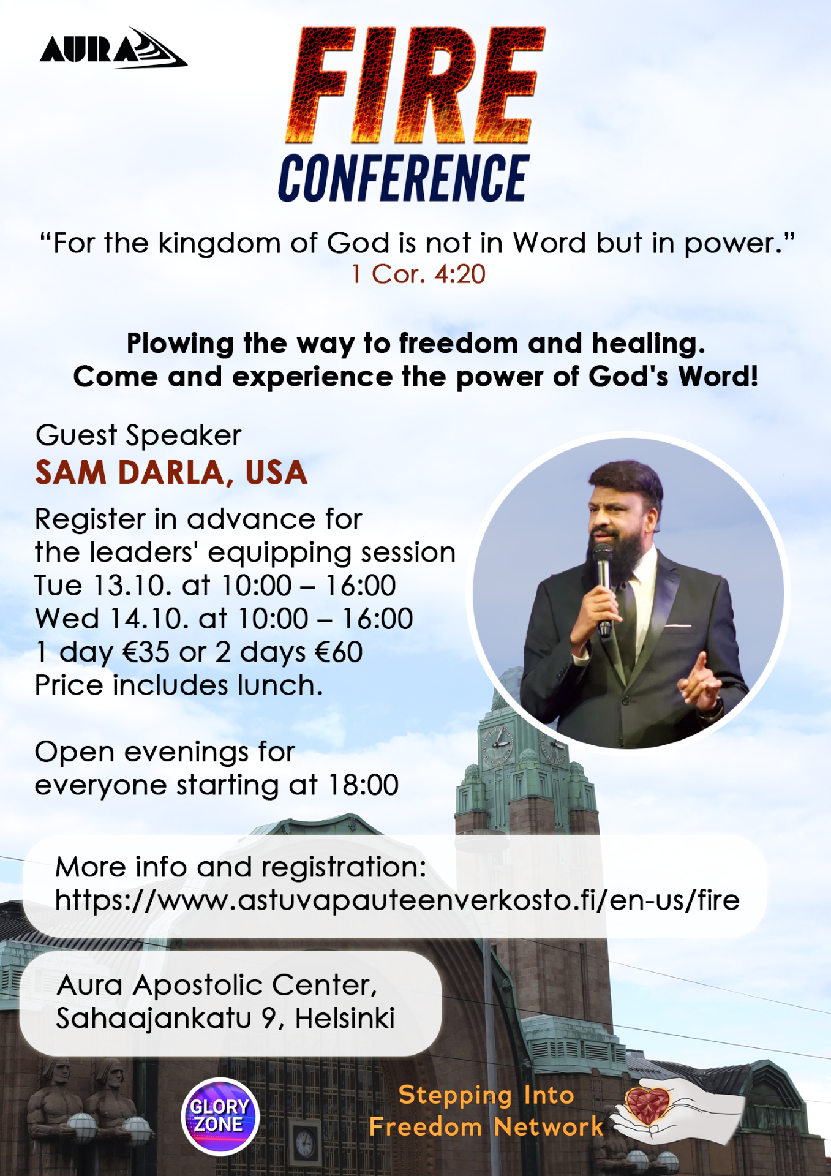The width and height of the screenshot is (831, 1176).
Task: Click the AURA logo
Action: click(x=114, y=48)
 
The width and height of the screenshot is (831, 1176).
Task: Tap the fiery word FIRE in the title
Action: click(x=415, y=85)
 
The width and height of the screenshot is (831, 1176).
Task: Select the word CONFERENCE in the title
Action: click(x=404, y=178)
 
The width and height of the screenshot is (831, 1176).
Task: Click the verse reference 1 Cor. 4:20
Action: click(x=418, y=274)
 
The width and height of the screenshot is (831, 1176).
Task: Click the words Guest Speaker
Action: click(x=138, y=435)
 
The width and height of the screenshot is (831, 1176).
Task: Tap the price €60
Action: click(x=339, y=652)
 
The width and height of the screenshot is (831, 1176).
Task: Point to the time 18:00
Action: click(x=364, y=785)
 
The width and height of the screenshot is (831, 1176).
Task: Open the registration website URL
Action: click(x=397, y=900)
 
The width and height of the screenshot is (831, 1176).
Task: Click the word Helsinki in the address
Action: click(x=345, y=1019)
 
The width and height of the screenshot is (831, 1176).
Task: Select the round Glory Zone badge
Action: click(x=220, y=1116)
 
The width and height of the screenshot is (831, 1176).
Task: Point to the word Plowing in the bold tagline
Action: click(x=180, y=344)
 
